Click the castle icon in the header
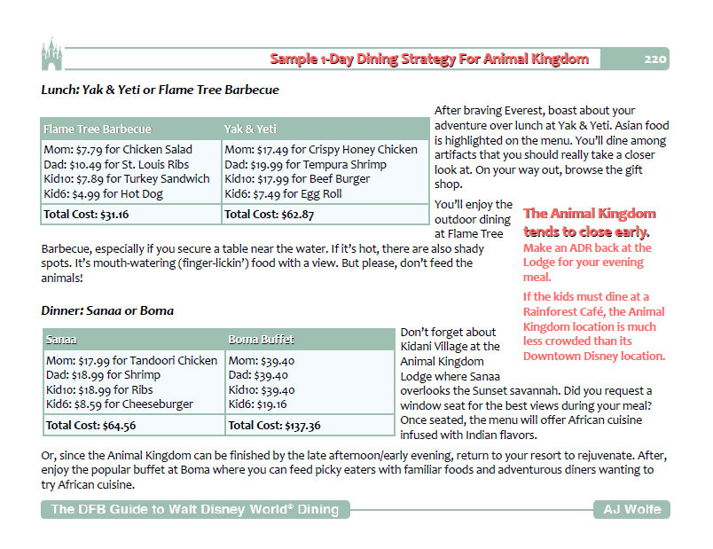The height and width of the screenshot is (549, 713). (x=51, y=54)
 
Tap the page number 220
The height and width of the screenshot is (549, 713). (x=655, y=59)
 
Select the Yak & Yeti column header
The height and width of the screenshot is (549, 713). (x=251, y=129)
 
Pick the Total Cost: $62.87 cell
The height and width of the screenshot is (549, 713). (x=269, y=214)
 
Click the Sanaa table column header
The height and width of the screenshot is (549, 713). (x=61, y=340)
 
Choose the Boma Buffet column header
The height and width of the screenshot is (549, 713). (x=262, y=340)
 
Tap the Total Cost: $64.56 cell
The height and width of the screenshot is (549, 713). (x=90, y=425)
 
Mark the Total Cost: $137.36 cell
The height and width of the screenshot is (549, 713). (x=275, y=425)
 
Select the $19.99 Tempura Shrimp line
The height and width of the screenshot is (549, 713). (x=305, y=164)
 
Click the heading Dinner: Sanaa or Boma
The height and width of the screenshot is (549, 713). (x=107, y=311)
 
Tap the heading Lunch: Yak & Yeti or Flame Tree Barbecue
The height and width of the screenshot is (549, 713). (x=160, y=90)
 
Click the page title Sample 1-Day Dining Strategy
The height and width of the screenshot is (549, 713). (x=429, y=59)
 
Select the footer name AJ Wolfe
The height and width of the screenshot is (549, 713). (x=631, y=509)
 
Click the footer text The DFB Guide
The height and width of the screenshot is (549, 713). (x=194, y=509)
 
